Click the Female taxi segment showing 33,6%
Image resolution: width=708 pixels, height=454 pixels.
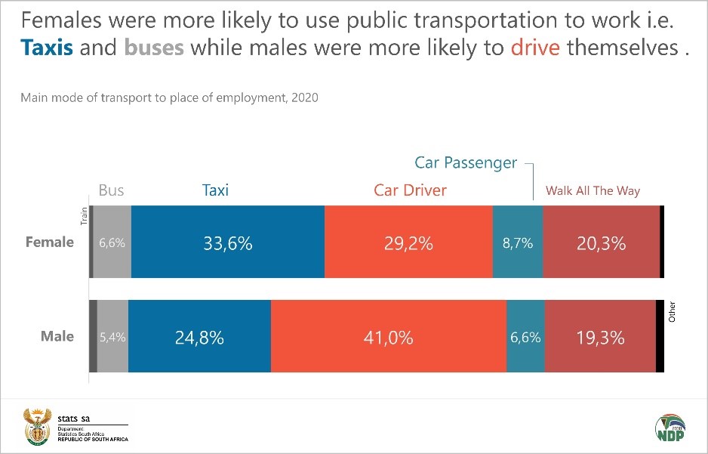tap(227, 242)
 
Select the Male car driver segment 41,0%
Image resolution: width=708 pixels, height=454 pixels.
tap(388, 337)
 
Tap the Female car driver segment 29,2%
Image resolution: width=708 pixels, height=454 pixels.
tap(408, 242)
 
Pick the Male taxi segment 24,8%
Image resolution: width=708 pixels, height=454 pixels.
tap(199, 337)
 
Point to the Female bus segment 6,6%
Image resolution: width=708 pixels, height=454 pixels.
tap(112, 242)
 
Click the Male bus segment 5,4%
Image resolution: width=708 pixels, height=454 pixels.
tap(112, 337)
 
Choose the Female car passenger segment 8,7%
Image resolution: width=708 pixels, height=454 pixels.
tap(518, 242)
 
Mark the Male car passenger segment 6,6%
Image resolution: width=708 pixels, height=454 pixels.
tap(525, 337)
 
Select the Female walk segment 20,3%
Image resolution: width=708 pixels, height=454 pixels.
tap(601, 242)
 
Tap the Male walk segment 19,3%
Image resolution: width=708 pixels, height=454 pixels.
tap(600, 337)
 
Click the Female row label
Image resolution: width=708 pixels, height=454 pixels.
tap(50, 242)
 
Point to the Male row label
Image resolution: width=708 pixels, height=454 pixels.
tap(57, 336)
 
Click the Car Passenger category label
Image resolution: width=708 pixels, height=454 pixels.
tap(466, 162)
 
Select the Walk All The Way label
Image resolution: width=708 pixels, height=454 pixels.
tap(593, 190)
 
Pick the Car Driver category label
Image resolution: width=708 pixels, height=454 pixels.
tap(410, 190)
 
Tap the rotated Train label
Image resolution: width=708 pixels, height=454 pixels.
tap(85, 218)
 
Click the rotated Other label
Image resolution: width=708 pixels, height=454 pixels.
tap(672, 312)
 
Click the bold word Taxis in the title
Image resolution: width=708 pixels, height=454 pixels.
tap(47, 48)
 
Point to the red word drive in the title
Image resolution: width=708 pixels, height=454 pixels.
tap(535, 48)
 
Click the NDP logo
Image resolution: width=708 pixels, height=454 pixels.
tap(670, 427)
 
